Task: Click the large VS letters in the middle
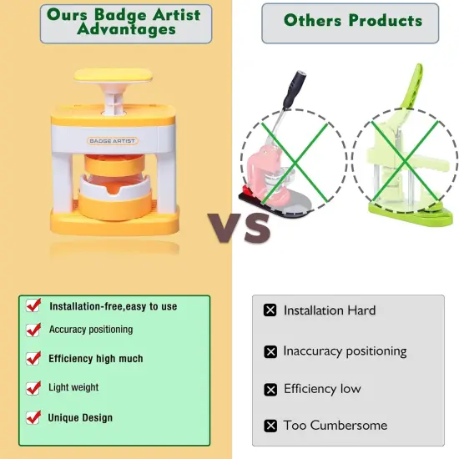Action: [x=240, y=227]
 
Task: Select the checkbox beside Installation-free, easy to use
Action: [x=33, y=305]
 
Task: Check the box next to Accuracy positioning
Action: [x=33, y=330]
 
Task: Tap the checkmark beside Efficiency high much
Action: [x=33, y=358]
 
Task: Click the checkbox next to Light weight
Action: [x=33, y=387]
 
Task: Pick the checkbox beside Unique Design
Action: [x=33, y=416]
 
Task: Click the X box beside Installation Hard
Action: [x=270, y=310]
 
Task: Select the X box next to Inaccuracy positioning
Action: [x=270, y=351]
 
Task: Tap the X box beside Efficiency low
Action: [x=270, y=390]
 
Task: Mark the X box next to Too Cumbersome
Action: [x=270, y=426]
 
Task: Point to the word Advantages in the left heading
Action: [x=126, y=30]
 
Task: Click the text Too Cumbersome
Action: [x=335, y=426]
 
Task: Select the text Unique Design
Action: [x=80, y=417]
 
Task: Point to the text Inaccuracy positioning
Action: [x=345, y=351]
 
